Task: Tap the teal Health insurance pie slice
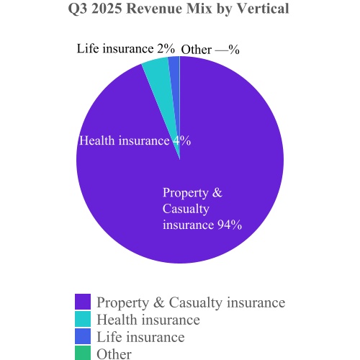pyautogui.click(x=157, y=69)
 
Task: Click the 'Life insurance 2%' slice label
pyautogui.click(x=126, y=49)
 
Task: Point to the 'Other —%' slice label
pyautogui.click(x=210, y=50)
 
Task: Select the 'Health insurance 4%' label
pyautogui.click(x=134, y=141)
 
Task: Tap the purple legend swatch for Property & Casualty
pyautogui.click(x=83, y=302)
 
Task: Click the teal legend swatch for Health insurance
pyautogui.click(x=83, y=320)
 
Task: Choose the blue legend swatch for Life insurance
pyautogui.click(x=83, y=337)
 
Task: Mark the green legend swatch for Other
pyautogui.click(x=83, y=353)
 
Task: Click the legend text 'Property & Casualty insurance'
pyautogui.click(x=191, y=302)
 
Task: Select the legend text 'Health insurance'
pyautogui.click(x=148, y=320)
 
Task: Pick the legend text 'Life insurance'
pyautogui.click(x=140, y=337)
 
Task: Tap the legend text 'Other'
pyautogui.click(x=114, y=354)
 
